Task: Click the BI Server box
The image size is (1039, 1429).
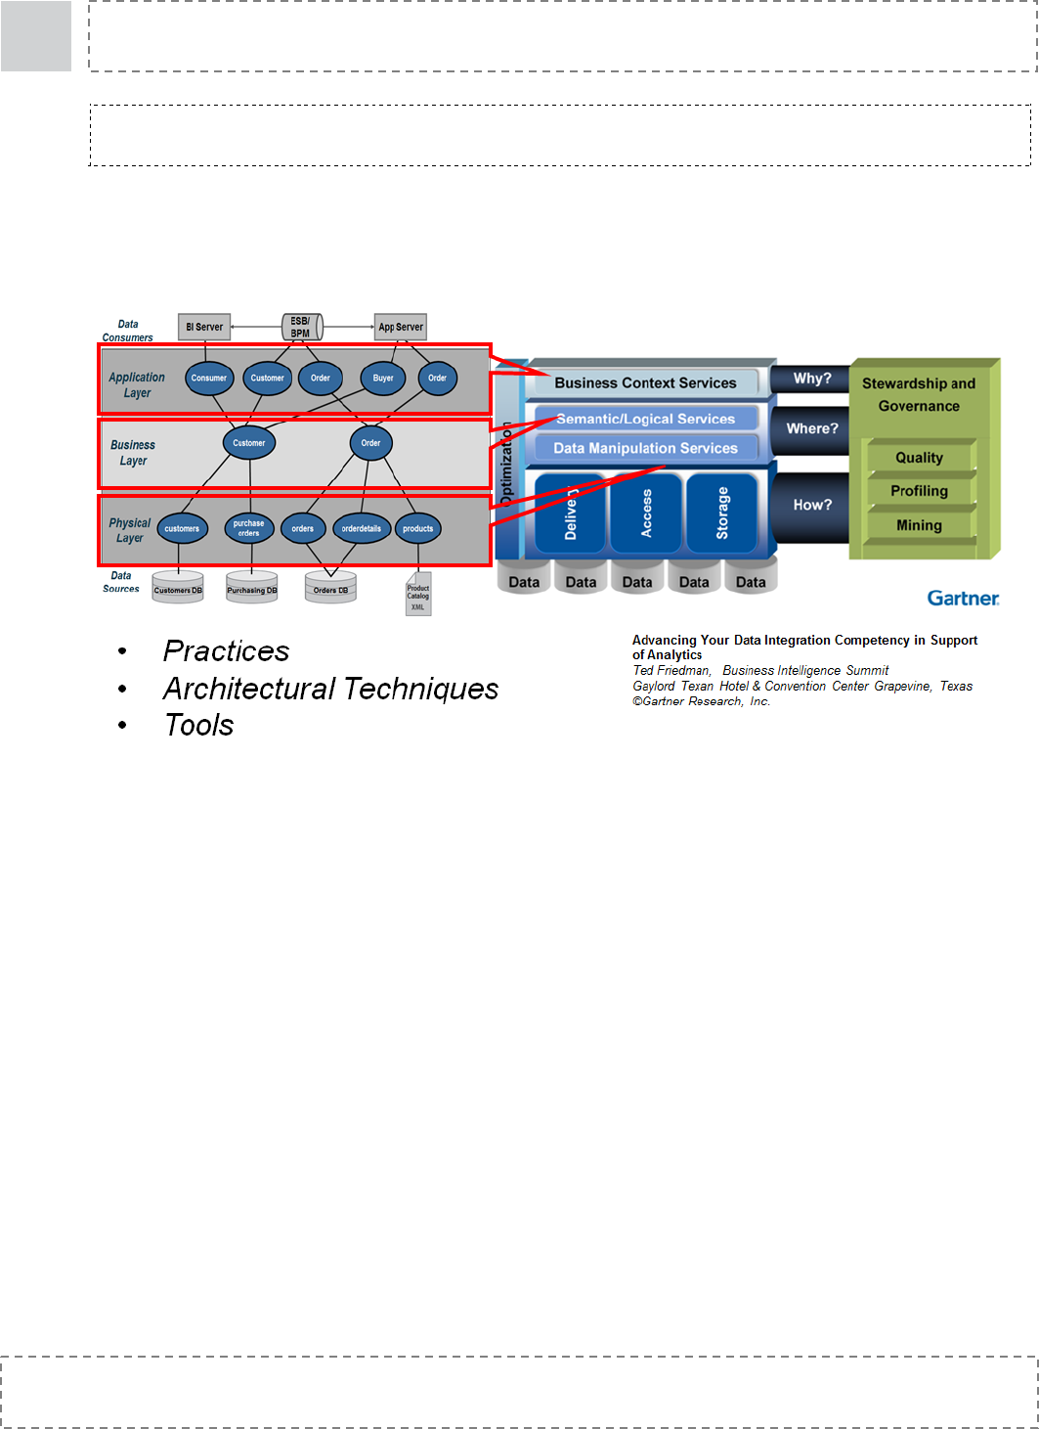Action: tap(204, 327)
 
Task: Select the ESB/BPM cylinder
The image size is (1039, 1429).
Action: tap(301, 327)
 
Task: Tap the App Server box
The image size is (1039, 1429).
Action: tap(401, 327)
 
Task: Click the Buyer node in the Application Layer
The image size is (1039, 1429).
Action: tap(383, 379)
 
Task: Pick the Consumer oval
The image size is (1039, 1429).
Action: tap(209, 379)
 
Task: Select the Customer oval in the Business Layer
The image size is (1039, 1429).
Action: tap(249, 443)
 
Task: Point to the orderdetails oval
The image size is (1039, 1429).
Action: tap(362, 529)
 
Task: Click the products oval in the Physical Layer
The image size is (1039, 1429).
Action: tap(417, 529)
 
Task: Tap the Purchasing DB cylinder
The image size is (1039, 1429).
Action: tap(252, 588)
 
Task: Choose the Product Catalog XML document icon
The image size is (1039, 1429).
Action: tap(418, 596)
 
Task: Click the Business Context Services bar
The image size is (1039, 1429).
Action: tap(645, 383)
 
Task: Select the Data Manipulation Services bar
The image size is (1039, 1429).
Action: tap(645, 448)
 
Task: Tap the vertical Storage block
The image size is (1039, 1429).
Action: tap(722, 513)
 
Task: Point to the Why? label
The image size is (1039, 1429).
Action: tap(811, 379)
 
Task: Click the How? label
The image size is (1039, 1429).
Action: tap(812, 505)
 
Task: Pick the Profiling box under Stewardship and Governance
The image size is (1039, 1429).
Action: tap(919, 491)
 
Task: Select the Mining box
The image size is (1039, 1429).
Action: tap(919, 525)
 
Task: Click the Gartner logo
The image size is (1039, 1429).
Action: tap(963, 598)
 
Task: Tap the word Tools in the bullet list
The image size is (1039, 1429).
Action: tap(199, 726)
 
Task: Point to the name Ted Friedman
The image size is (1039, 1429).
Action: tap(671, 671)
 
